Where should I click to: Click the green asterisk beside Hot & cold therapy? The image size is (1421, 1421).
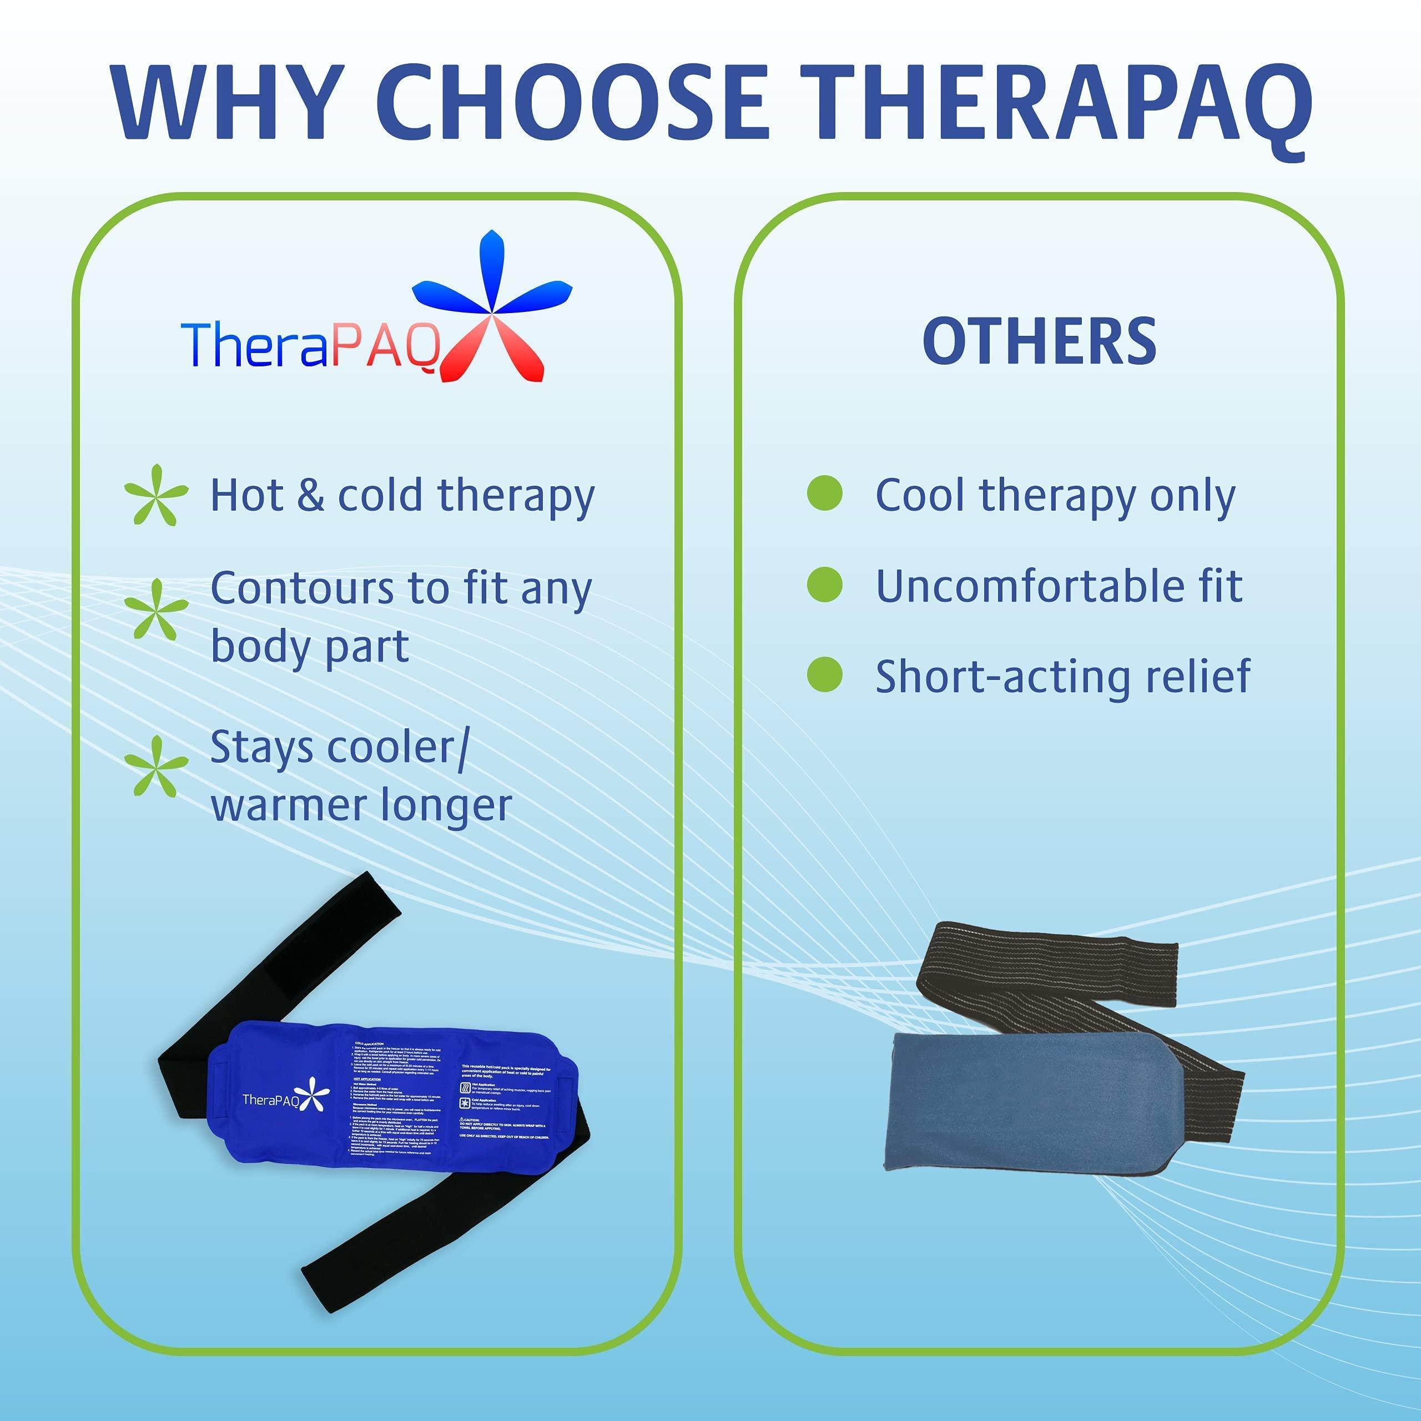[155, 494]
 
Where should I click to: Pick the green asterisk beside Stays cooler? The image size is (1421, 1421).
[155, 767]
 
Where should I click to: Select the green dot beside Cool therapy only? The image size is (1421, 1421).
[824, 493]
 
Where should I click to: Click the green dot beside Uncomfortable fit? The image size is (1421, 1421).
[824, 584]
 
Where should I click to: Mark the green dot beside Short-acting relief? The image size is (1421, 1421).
[824, 674]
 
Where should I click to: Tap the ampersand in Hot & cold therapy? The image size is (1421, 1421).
[310, 495]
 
